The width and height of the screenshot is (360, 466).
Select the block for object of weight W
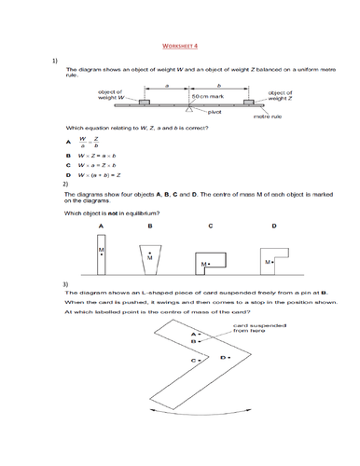click(146, 99)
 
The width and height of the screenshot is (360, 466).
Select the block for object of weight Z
click(250, 99)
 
